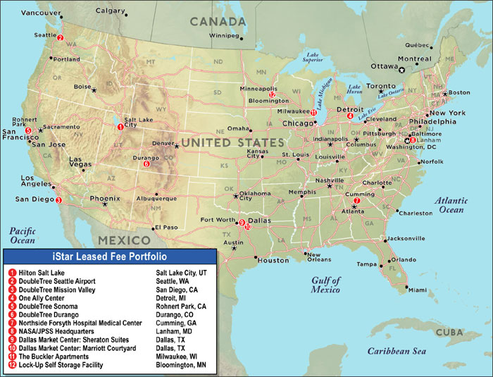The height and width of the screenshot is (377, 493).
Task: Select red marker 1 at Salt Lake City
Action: coord(120,128)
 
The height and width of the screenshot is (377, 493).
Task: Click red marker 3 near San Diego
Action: coord(58,200)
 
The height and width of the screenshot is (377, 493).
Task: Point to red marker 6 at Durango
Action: coord(146,164)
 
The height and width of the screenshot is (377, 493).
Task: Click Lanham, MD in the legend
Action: coord(176,330)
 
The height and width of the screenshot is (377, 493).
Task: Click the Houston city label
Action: coord(273,260)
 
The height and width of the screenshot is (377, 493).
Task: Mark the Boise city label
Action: coord(82,87)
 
